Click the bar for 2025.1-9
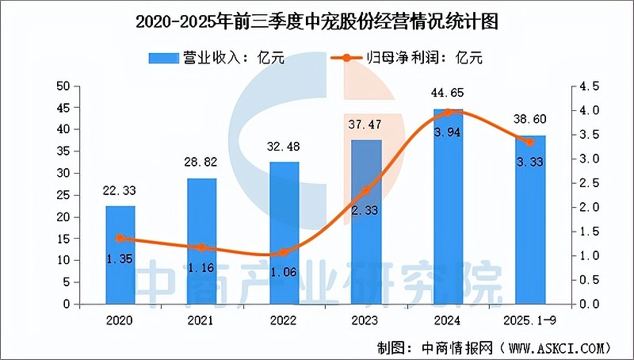530,220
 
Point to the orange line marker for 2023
366,190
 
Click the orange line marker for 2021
202,247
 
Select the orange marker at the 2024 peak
449,113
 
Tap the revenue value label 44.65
449,98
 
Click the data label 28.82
202,167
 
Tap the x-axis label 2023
366,321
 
